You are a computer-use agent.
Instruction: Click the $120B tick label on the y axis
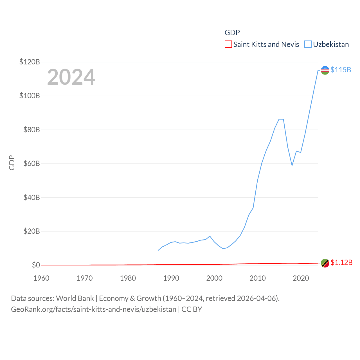coord(30,62)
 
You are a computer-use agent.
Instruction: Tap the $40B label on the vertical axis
coord(31,197)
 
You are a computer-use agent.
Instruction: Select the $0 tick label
coord(36,265)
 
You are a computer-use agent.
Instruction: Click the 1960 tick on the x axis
coord(41,278)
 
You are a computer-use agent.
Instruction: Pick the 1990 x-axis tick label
coord(171,278)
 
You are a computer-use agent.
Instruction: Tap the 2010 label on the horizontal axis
coord(258,278)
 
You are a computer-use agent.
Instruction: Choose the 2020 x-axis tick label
coord(301,278)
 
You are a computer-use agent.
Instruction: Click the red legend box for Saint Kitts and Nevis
coord(228,44)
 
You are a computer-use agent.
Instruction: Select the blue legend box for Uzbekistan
coord(308,44)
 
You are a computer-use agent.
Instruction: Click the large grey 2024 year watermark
coord(71,77)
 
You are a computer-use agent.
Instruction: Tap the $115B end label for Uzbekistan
coord(341,70)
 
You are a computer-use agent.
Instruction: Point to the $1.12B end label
coord(341,262)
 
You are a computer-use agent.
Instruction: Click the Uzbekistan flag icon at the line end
coord(325,70)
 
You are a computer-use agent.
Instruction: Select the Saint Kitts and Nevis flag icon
coord(325,263)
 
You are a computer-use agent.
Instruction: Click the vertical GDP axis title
coord(12,163)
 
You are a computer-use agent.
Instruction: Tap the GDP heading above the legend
coord(232,33)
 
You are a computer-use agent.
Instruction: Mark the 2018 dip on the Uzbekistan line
coord(292,165)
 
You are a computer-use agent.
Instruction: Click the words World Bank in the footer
coord(75,298)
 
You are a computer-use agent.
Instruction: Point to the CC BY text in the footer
coord(192,309)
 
